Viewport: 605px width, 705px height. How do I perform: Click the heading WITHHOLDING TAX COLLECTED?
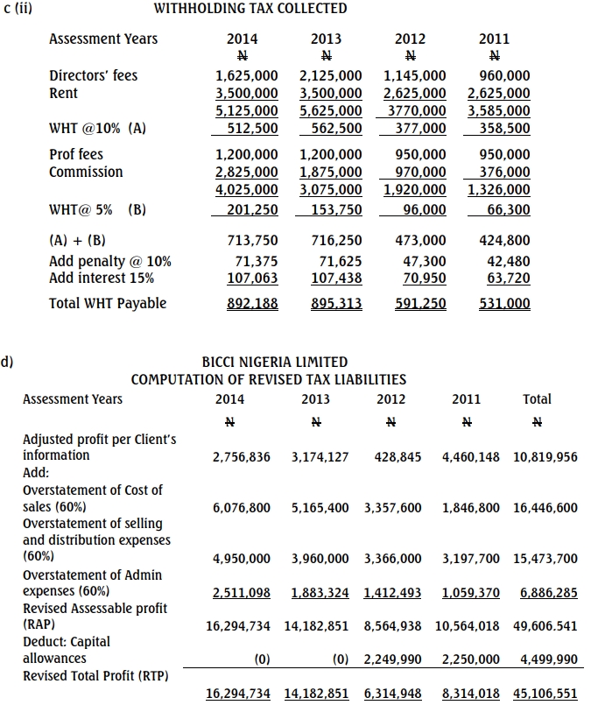coord(250,9)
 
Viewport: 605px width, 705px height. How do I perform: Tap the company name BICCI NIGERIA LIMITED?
coord(274,362)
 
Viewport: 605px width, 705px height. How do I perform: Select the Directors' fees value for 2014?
coord(246,76)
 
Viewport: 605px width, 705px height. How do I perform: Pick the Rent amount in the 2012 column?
coord(415,93)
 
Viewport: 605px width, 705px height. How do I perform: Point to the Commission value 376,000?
coord(505,172)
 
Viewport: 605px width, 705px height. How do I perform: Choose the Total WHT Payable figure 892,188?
coord(246,304)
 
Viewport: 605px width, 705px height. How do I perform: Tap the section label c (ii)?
coord(18,9)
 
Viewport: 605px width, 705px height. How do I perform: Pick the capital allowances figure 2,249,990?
coord(392,659)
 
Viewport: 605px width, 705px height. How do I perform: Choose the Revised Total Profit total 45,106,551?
coord(545,694)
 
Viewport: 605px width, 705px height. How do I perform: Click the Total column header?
coord(537,399)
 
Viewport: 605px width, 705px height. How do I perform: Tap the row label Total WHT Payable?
coord(108,304)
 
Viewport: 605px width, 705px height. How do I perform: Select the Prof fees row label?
coord(76,154)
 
